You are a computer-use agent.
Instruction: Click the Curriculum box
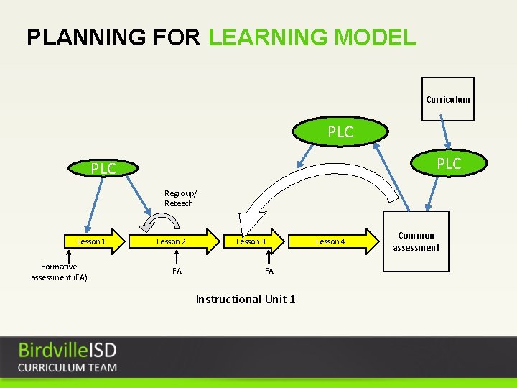[x=447, y=99]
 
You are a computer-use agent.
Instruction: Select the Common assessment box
[x=416, y=241]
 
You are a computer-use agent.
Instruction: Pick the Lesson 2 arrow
[x=173, y=241]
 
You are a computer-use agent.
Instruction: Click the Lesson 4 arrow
[x=333, y=241]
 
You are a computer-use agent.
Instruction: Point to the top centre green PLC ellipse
[x=340, y=132]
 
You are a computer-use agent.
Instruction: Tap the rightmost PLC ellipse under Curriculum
[x=449, y=164]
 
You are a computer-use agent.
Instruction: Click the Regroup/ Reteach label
[x=180, y=198]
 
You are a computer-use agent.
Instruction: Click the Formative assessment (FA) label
[x=59, y=272]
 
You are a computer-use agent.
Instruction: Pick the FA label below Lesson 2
[x=177, y=271]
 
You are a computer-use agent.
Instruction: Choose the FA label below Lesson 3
[x=269, y=271]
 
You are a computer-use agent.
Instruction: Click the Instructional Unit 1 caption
[x=246, y=299]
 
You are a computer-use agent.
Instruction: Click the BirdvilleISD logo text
[x=67, y=351]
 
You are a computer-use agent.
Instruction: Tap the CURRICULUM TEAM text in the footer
[x=67, y=368]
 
